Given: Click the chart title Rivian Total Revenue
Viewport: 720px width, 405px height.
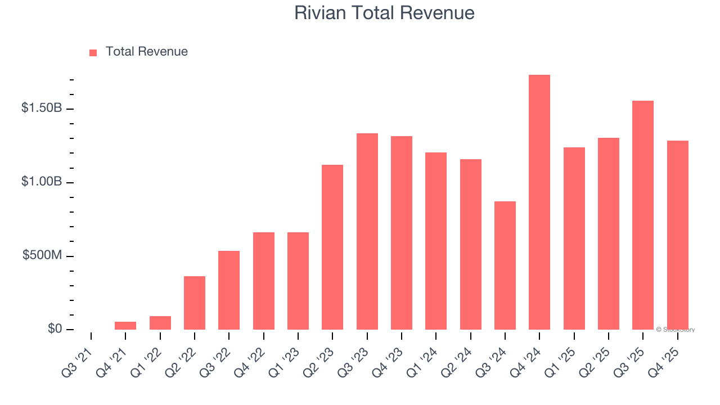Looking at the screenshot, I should point(384,13).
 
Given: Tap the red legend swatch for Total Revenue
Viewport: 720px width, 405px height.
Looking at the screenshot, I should point(93,52).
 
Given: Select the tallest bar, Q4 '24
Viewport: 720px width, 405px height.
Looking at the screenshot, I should point(539,202).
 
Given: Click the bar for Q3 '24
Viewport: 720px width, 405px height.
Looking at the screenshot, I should point(505,265).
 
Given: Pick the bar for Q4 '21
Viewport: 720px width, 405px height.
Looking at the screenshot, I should point(125,326).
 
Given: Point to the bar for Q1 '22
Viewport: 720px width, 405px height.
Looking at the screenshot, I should point(160,323).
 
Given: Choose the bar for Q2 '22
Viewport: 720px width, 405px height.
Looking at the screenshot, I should point(195,303).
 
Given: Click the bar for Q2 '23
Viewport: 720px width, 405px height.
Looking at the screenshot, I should point(332,247).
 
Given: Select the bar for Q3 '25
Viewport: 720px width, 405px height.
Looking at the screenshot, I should point(643,215).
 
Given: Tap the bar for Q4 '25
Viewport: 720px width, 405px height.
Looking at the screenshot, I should point(677,235).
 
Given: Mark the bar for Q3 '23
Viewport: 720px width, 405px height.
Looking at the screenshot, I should point(367,232).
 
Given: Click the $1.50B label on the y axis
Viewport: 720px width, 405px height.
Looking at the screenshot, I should point(42,108).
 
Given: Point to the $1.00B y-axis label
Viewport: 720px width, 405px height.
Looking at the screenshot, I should point(42,182).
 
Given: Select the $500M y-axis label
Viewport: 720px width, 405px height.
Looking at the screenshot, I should point(42,255).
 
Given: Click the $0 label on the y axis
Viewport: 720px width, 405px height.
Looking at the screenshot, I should point(55,328).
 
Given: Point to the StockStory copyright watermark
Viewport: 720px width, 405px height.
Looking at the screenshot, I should point(675,330).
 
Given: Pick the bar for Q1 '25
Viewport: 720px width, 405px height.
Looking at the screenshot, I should point(574,238).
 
